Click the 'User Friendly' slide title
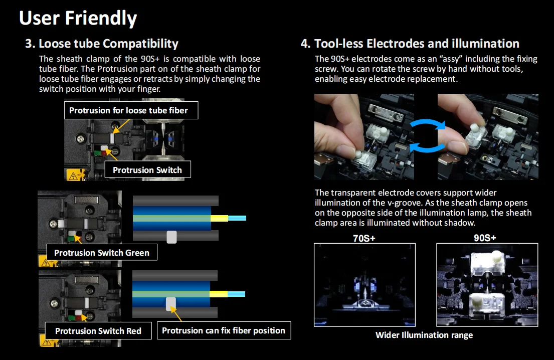(x=78, y=19)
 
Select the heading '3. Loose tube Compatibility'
(x=102, y=44)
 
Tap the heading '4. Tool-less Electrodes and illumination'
(x=410, y=44)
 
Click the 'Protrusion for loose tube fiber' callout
(x=128, y=110)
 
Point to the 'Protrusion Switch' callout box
(x=147, y=170)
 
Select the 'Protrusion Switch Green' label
(x=102, y=253)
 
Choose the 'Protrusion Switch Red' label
(x=98, y=331)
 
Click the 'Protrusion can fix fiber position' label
(x=224, y=330)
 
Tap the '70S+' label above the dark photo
(x=364, y=238)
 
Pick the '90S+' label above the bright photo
(x=485, y=238)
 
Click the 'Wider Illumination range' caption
(x=424, y=335)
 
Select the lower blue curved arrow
(x=426, y=146)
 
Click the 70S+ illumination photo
(x=364, y=285)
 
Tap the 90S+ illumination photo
(x=487, y=285)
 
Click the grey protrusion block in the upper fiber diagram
(x=171, y=237)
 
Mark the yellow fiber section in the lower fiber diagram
(x=219, y=294)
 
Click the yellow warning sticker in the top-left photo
(x=73, y=175)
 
